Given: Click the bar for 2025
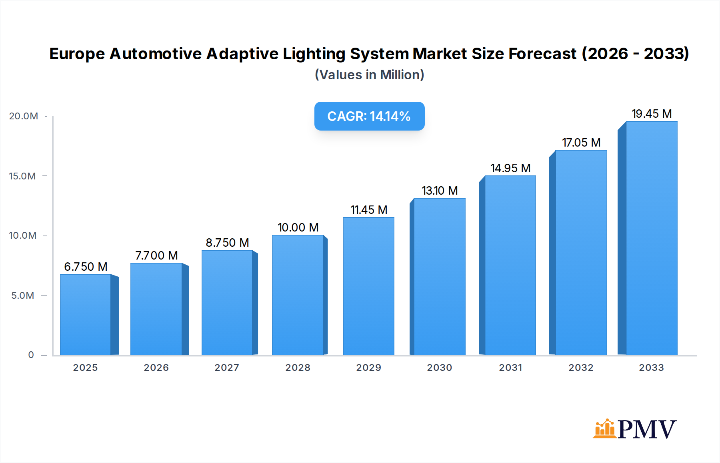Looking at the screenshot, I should tap(86, 314).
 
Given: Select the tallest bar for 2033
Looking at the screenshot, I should tap(651, 238).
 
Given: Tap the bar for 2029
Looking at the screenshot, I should tap(368, 286).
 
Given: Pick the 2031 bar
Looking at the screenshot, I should tap(510, 265).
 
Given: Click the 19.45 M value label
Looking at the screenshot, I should tap(652, 114).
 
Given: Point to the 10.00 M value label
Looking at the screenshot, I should tap(298, 227).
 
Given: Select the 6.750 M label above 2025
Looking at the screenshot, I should tap(86, 267).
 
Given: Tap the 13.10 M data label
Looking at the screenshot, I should tap(440, 191).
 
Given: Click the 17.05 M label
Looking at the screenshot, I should tap(581, 143).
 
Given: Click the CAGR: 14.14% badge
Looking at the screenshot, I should tap(369, 116).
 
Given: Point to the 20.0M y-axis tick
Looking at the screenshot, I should tap(24, 116).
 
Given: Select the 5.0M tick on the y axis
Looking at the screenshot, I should tap(23, 296).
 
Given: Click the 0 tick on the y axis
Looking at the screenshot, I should tap(31, 355).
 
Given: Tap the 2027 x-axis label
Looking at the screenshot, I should tap(227, 368).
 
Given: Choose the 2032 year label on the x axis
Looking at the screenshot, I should tap(581, 368).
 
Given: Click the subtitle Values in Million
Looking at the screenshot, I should tap(369, 75).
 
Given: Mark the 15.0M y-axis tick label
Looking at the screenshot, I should tap(22, 176).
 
